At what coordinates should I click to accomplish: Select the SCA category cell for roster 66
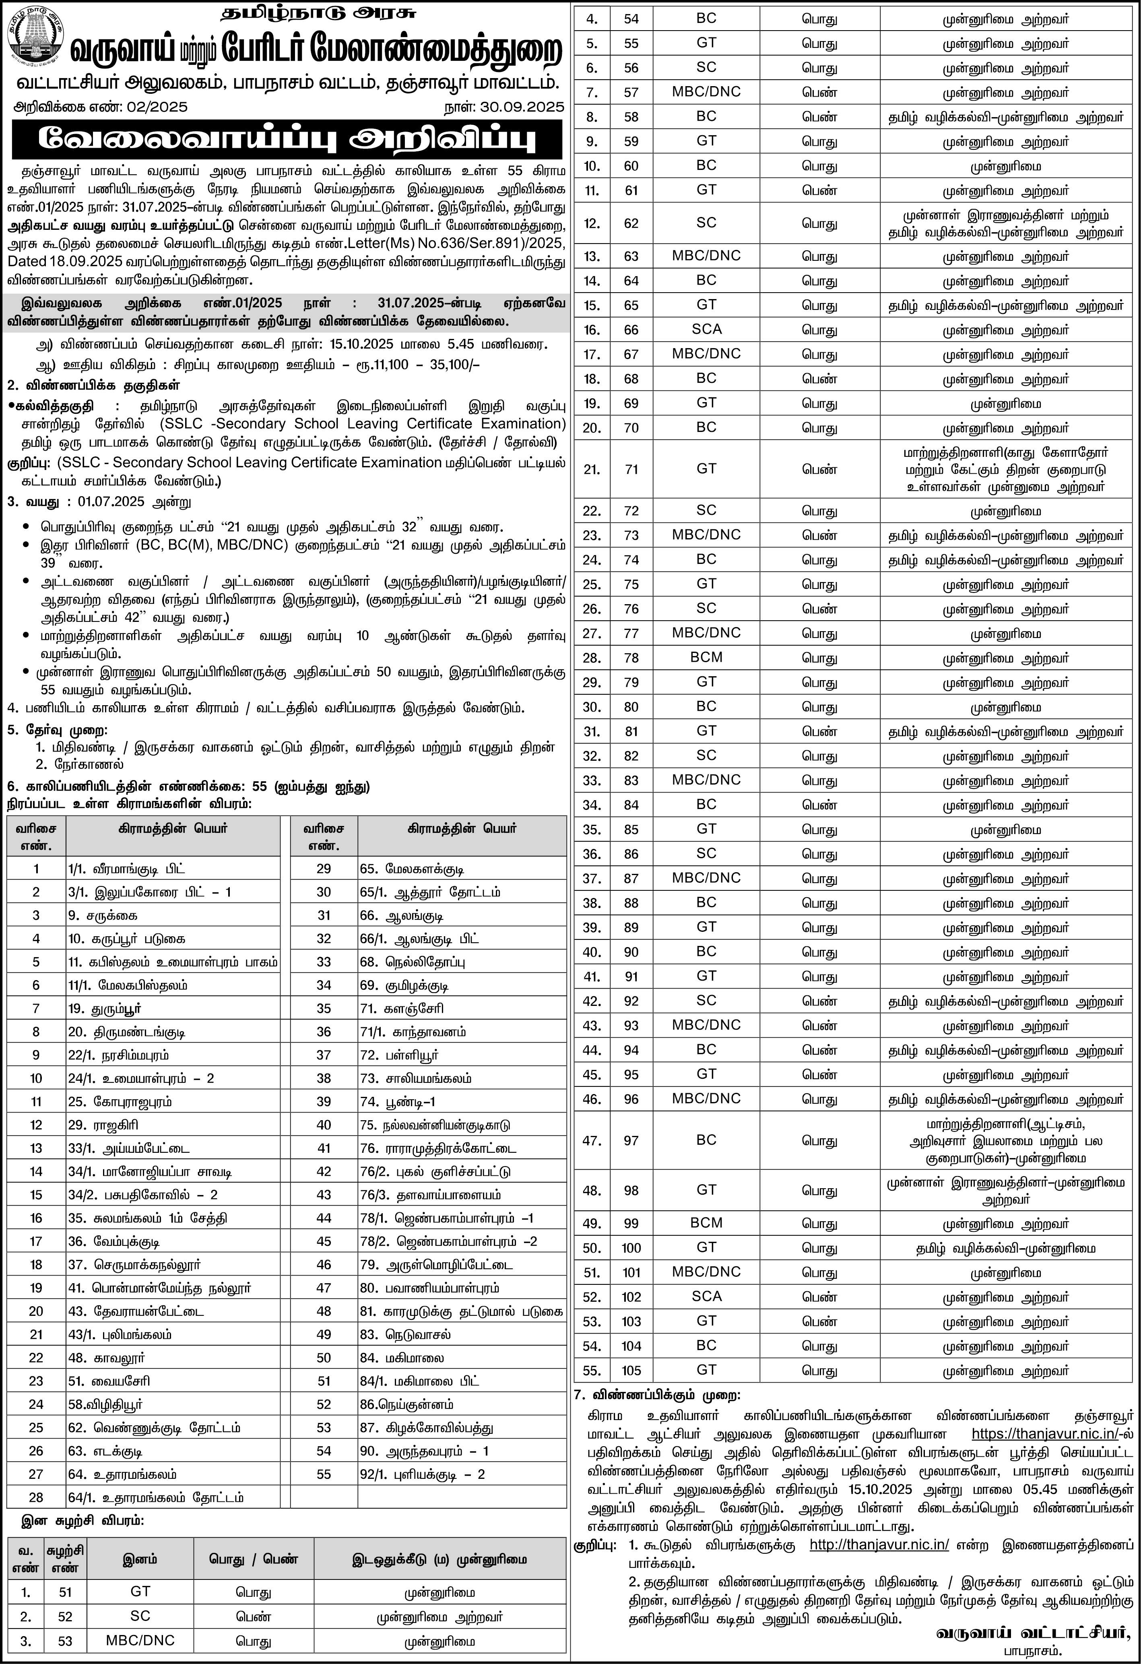(706, 329)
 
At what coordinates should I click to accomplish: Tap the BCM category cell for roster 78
(706, 657)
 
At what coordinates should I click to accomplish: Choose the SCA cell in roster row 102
(706, 1297)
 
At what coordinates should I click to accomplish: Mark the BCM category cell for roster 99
(706, 1223)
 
